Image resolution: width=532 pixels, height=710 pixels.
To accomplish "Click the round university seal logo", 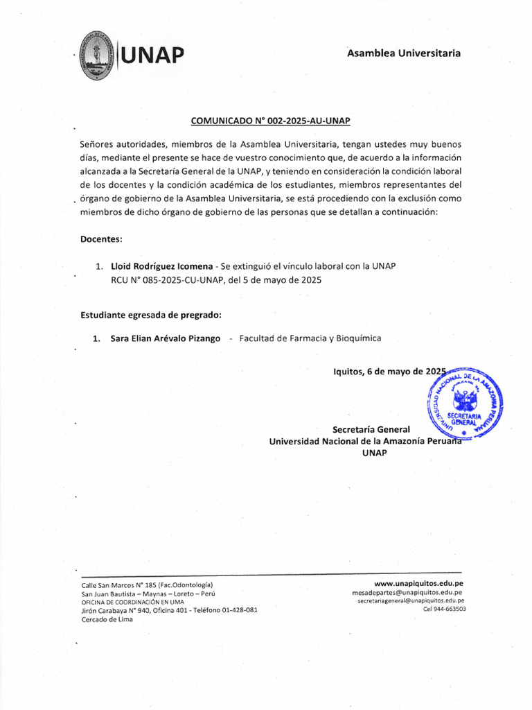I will [x=97, y=55].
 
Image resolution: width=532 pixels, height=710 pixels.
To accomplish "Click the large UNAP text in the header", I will [x=154, y=54].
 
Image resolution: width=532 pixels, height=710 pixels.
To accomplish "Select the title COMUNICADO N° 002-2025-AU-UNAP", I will [x=271, y=121].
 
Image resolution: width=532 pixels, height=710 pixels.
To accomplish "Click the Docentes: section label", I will [x=101, y=239].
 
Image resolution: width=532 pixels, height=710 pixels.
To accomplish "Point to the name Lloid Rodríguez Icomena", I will [x=161, y=266].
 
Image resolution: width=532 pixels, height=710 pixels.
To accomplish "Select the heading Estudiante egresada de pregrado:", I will [x=151, y=315].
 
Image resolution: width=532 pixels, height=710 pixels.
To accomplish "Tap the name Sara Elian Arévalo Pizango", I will [x=166, y=338].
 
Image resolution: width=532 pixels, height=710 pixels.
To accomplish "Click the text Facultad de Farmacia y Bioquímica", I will [x=310, y=338].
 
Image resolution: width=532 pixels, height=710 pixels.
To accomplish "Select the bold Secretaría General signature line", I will [x=371, y=428].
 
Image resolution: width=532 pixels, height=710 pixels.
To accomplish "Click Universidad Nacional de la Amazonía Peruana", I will [x=364, y=441].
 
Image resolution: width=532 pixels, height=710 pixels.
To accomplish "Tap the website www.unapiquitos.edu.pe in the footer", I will [x=418, y=584].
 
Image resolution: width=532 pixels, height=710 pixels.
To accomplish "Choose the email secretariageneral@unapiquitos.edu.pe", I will [x=411, y=601].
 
